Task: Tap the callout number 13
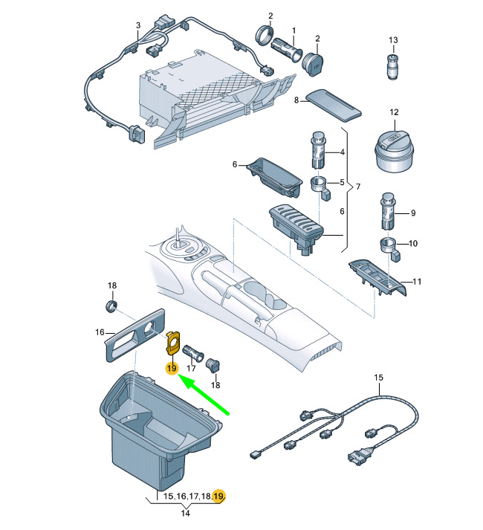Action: click(394, 39)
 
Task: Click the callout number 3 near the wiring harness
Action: click(137, 26)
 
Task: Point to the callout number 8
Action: click(296, 100)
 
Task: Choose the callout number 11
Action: click(417, 282)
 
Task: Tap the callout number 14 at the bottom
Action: click(185, 513)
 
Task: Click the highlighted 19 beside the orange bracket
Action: click(171, 369)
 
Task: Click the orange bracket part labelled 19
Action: click(174, 341)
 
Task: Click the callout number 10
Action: click(414, 243)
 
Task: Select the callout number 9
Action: click(413, 213)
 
